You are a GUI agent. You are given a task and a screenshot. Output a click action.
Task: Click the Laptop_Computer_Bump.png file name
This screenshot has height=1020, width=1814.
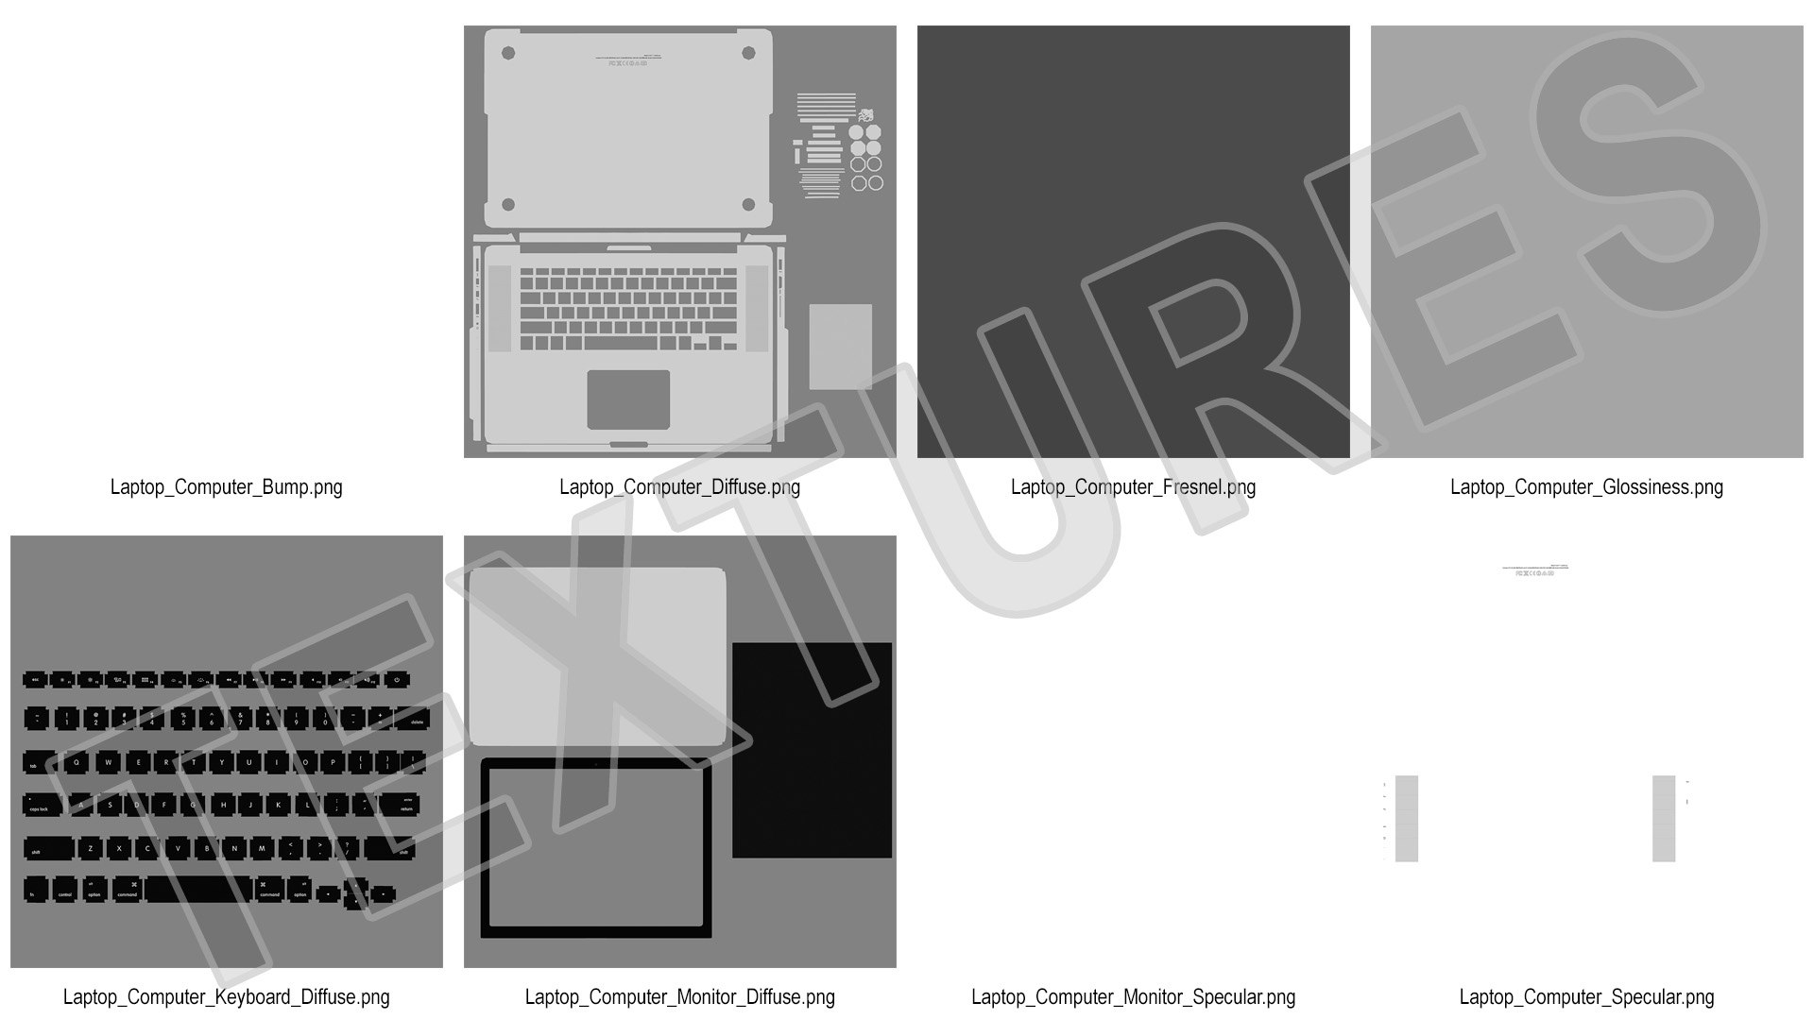[226, 487]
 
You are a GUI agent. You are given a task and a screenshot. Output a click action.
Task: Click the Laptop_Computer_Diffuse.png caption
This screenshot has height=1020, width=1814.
[679, 487]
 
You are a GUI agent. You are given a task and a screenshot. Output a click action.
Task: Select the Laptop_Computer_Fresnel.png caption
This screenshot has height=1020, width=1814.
[1133, 487]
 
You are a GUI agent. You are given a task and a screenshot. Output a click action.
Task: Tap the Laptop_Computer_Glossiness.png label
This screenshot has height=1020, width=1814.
[1586, 487]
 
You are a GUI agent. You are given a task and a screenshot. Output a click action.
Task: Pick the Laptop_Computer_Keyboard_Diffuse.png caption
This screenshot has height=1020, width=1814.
[226, 997]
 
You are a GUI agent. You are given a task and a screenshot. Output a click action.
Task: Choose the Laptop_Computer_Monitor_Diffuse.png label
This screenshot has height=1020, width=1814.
[679, 997]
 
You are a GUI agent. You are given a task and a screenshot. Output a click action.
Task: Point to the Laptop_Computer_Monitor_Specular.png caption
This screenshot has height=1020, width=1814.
[1133, 997]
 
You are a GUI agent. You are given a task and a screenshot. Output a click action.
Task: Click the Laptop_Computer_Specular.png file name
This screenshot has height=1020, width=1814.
[1586, 997]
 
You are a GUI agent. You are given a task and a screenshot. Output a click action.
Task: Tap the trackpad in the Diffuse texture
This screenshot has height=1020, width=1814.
[628, 399]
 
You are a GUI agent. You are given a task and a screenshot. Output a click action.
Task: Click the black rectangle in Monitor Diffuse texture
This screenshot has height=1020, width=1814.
[812, 750]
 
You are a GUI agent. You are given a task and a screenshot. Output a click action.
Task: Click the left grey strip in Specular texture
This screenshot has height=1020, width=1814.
[1406, 818]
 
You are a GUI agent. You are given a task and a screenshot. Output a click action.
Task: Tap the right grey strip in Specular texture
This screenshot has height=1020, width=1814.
[1664, 818]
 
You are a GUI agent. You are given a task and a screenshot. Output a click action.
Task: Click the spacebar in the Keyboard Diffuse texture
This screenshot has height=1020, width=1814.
[198, 891]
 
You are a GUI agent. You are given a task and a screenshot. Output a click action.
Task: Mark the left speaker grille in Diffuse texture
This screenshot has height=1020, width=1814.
[500, 309]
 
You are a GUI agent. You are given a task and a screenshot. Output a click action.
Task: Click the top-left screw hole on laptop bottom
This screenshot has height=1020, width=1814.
[508, 53]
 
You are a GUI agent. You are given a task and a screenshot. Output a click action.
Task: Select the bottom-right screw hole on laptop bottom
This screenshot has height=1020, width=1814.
[748, 204]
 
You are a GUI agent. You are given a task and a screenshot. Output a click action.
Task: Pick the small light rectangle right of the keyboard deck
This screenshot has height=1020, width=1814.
[840, 346]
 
